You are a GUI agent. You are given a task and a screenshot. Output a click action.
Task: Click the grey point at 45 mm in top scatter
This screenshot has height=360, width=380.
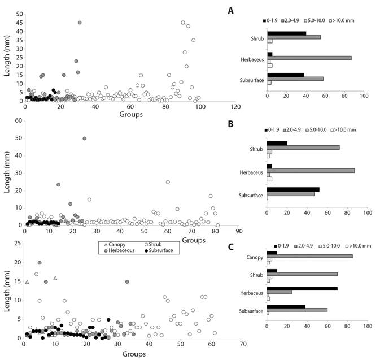(80, 23)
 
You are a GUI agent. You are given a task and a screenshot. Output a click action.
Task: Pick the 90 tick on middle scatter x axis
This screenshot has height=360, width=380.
(239, 231)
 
